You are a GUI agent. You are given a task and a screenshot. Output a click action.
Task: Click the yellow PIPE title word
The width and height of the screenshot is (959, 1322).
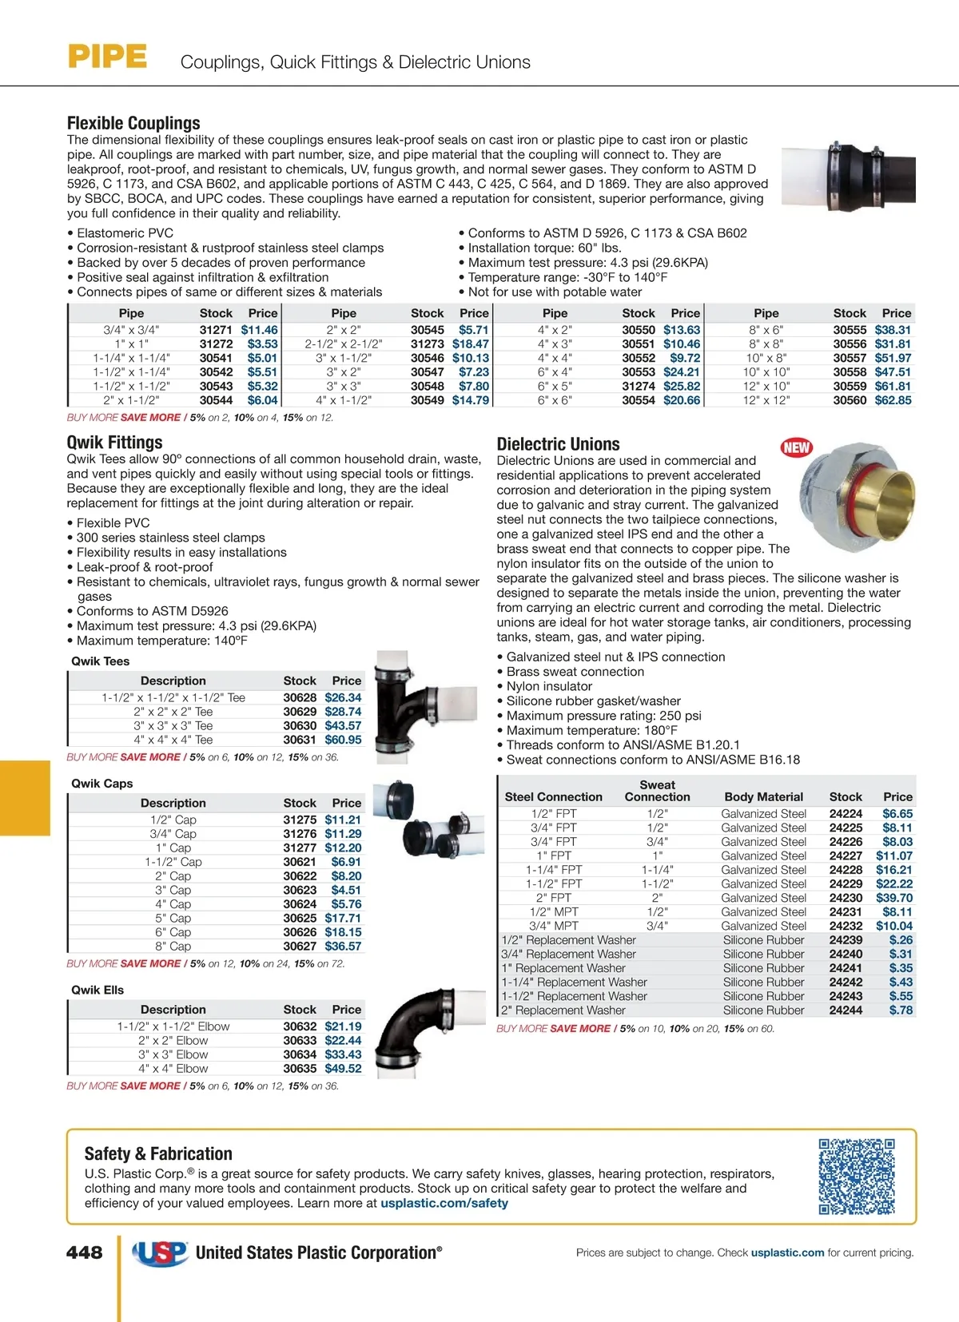pos(107,57)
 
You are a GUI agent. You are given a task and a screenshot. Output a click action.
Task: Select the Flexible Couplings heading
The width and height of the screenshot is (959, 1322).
pos(133,123)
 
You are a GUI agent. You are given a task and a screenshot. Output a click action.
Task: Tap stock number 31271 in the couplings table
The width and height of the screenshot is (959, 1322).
pos(216,330)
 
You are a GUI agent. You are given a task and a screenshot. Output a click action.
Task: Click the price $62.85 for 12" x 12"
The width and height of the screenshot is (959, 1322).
pos(893,400)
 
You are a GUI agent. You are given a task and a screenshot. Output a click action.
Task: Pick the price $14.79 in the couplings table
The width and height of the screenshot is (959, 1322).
pos(470,400)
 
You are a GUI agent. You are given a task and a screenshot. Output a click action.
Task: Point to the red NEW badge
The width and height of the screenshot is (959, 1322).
pos(796,447)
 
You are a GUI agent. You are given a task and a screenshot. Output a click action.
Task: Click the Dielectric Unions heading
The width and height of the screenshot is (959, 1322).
pos(558,444)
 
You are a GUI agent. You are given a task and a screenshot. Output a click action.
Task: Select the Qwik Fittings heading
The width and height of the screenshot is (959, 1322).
pos(114,443)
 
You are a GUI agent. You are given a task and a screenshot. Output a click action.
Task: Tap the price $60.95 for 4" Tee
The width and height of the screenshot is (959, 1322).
pos(343,740)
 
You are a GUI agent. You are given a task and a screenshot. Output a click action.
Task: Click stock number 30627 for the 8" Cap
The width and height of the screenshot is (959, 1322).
pos(300,947)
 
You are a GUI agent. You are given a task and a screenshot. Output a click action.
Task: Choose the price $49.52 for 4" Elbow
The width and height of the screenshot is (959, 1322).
pos(343,1069)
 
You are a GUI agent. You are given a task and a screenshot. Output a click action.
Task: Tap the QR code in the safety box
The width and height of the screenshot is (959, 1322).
pos(856,1177)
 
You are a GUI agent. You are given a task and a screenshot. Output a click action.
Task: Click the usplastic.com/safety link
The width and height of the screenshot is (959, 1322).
pos(444,1203)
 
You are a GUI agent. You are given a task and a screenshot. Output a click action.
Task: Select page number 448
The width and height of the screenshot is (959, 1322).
pos(84,1253)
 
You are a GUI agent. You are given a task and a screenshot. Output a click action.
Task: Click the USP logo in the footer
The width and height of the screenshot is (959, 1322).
pos(160,1253)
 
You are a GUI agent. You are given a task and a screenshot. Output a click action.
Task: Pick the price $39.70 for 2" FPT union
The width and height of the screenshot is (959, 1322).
pos(894,898)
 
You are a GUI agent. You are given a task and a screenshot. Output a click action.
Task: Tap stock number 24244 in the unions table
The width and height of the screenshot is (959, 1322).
pos(846,1010)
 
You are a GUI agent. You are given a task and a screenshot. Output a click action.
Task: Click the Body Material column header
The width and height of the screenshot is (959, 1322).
pos(763,796)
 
